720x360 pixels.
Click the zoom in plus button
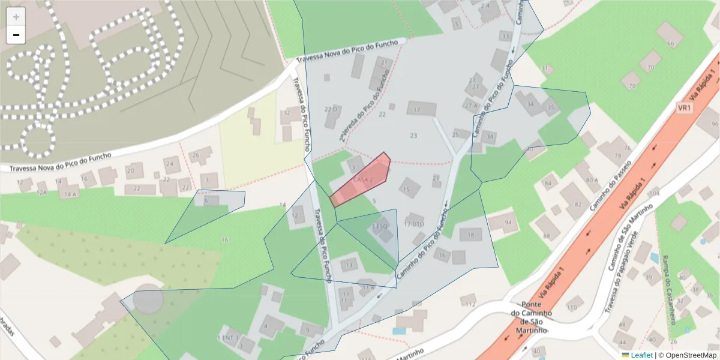pyautogui.click(x=16, y=17)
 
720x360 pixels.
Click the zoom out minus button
pyautogui.click(x=16, y=35)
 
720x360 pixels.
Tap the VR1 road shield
pyautogui.click(x=685, y=108)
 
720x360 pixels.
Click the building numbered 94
pyautogui.click(x=501, y=223)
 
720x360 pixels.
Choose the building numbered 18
pyautogui.click(x=470, y=234)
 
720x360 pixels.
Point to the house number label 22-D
pyautogui.click(x=331, y=109)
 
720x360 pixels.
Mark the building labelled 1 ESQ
pyautogui.click(x=380, y=228)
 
